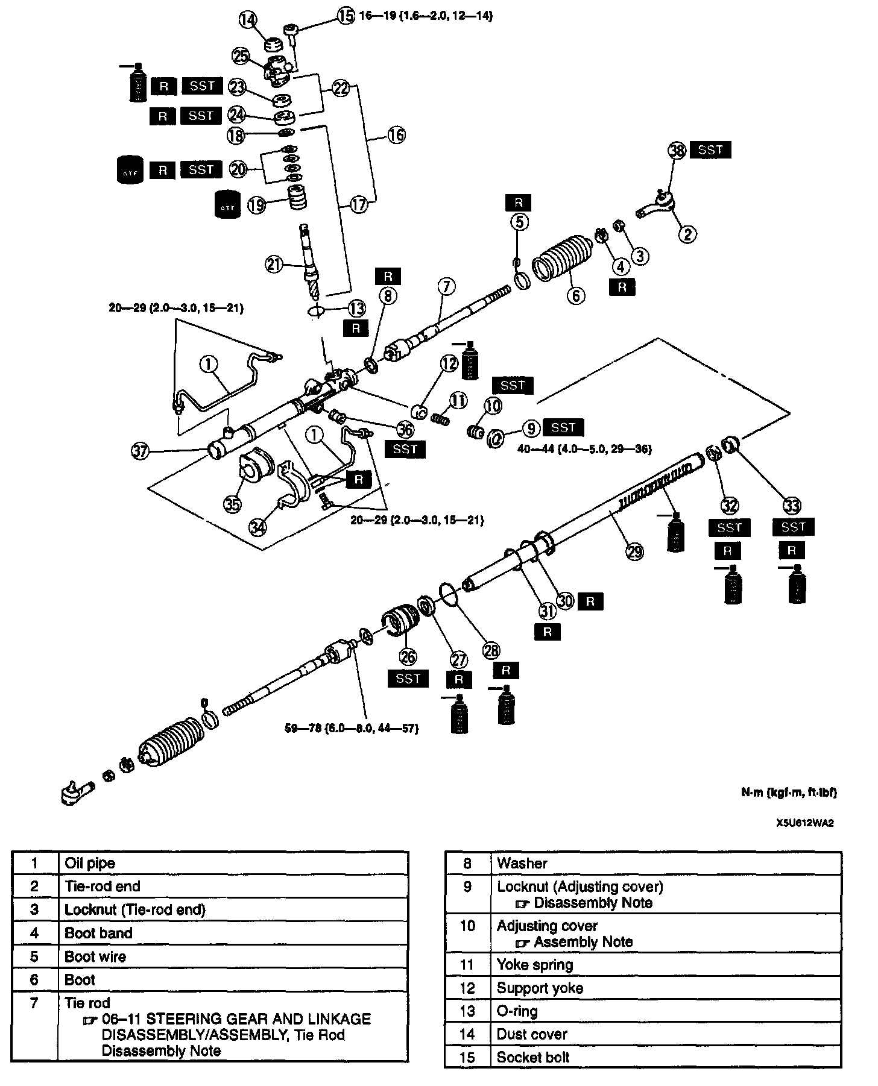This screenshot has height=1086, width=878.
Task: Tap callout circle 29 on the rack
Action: pos(635,551)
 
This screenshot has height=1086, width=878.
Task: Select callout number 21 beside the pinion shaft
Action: pos(274,264)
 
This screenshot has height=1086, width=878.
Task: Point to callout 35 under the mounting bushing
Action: pos(232,504)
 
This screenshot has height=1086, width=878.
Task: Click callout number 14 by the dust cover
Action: pos(248,19)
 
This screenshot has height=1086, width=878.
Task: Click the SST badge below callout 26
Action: pos(408,679)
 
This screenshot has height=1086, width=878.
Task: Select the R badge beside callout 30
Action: pos(590,601)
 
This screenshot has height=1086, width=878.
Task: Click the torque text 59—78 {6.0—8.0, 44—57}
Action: pos(352,728)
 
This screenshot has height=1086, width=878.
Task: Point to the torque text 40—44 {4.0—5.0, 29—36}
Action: pos(584,449)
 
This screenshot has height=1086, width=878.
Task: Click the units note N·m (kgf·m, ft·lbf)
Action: pos(788,793)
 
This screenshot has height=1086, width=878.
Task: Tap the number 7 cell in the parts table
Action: pos(34,1003)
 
